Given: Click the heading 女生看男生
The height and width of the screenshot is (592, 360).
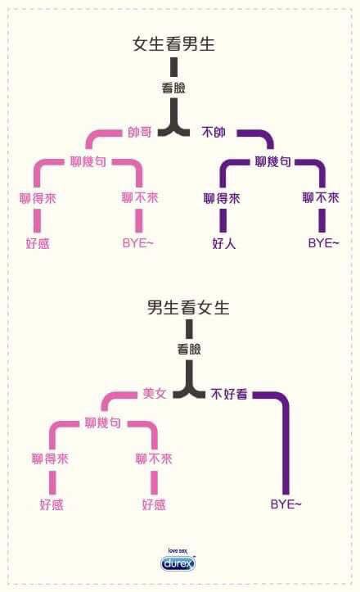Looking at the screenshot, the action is [x=173, y=43].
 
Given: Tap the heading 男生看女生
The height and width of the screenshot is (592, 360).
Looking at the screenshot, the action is [x=188, y=307].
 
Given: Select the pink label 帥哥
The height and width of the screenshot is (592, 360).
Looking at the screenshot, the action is [x=140, y=132].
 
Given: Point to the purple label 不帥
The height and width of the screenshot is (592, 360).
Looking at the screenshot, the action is [x=214, y=132].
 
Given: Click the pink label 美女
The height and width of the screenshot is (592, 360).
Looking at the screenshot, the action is [x=155, y=393].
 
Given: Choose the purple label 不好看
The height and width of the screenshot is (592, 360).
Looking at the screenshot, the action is [x=229, y=394].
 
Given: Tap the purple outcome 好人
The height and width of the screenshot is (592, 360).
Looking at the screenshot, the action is [x=224, y=243].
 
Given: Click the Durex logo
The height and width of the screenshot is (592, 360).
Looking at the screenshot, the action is [x=178, y=563].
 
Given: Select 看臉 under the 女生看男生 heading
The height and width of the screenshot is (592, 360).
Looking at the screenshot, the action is [x=173, y=88].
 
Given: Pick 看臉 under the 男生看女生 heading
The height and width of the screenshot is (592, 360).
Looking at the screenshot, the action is [x=189, y=349].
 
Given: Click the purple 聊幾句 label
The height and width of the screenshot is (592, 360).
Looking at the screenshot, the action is [x=272, y=161].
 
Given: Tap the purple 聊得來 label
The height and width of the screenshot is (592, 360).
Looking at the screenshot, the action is [x=222, y=198].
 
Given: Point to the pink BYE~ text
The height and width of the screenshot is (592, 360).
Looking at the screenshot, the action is [x=137, y=243].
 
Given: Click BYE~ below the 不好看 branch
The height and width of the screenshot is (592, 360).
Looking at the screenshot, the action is [x=286, y=504].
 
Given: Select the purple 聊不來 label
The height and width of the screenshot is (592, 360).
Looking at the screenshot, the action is [x=321, y=197].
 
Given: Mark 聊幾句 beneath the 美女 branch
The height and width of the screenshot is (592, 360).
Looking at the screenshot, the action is [x=102, y=423].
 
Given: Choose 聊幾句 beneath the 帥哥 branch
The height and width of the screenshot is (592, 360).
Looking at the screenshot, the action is [x=88, y=161].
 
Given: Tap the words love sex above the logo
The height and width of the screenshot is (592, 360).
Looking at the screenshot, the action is [x=178, y=551].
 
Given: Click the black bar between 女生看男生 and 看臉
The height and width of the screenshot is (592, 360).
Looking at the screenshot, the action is [x=173, y=67].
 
